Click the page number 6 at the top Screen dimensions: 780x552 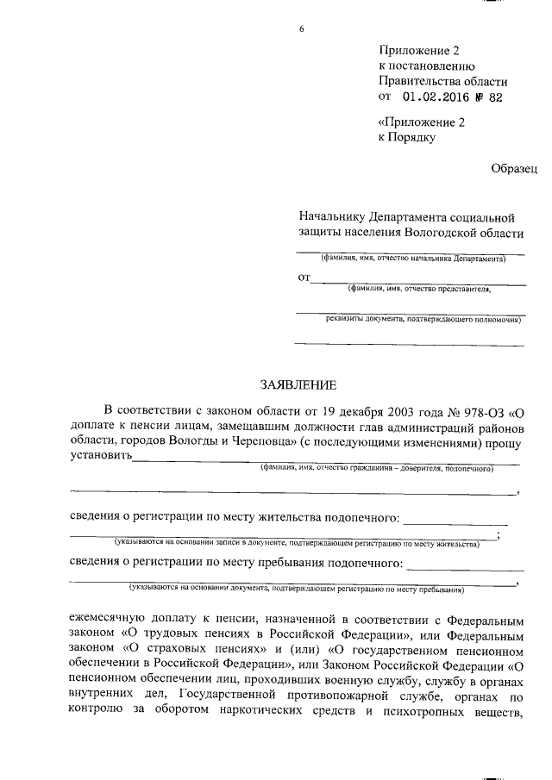click(x=301, y=30)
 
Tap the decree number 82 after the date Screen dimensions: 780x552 click(x=494, y=97)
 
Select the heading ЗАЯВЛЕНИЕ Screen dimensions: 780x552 click(x=298, y=384)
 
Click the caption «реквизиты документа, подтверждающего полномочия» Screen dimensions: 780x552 click(x=423, y=319)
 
